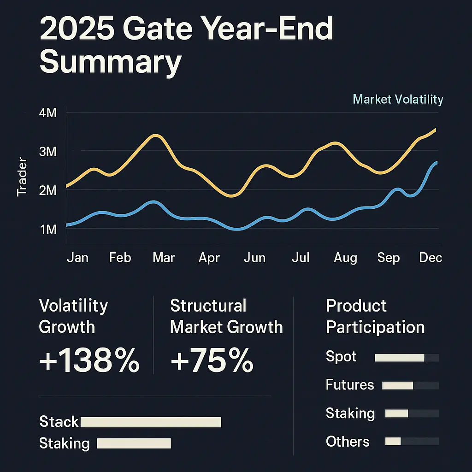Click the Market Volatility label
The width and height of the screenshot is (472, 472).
(397, 99)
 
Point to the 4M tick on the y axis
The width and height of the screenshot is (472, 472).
(48, 113)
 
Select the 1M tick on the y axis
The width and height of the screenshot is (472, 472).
(48, 229)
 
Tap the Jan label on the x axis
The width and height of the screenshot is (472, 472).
(77, 257)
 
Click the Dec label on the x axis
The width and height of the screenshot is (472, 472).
(431, 257)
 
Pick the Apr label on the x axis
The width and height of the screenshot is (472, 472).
(209, 257)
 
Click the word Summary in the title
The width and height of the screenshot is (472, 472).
(110, 63)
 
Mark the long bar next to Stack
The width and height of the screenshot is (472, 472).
(151, 422)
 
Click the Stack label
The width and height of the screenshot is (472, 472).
(59, 422)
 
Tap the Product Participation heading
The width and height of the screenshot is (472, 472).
(375, 316)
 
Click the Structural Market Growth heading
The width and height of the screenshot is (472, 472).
(226, 316)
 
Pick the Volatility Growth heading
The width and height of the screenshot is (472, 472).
(74, 316)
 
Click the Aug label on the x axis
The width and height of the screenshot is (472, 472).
(345, 257)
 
